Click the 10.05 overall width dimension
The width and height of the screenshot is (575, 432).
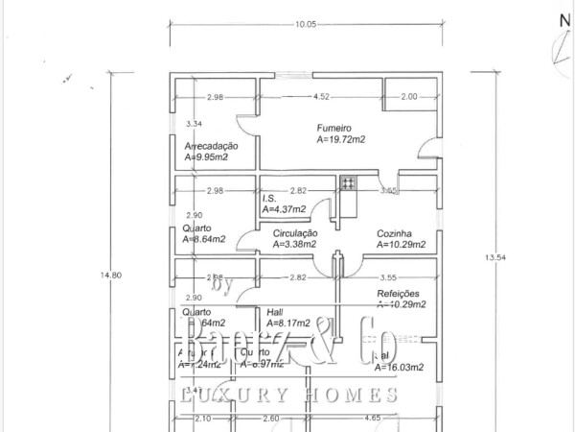point(307,24)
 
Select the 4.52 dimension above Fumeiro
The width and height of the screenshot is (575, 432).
point(321,96)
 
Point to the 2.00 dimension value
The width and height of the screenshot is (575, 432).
point(408,96)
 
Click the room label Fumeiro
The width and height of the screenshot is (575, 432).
point(336,127)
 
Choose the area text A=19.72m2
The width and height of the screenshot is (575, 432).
point(343,139)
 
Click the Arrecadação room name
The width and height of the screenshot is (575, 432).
point(211,146)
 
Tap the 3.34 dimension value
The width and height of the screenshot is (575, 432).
point(194,124)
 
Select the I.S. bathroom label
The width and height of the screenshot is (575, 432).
point(270,199)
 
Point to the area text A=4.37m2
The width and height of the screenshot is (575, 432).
point(284,209)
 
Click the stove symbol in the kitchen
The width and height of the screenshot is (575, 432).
point(348,182)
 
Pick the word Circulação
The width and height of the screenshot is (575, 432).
point(295,233)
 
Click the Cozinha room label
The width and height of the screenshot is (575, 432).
point(394,233)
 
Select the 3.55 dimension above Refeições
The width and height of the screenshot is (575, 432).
point(387,277)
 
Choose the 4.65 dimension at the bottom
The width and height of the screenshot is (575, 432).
point(395,419)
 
